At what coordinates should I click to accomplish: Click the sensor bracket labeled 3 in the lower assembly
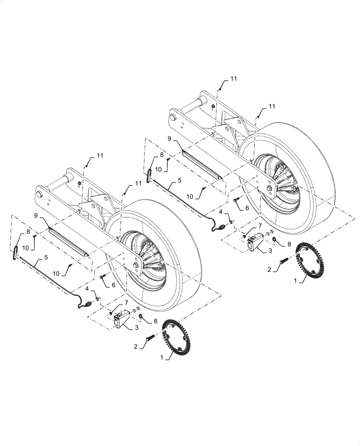point(120,319)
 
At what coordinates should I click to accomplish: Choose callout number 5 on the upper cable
point(179,181)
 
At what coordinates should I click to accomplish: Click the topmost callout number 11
point(234,78)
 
